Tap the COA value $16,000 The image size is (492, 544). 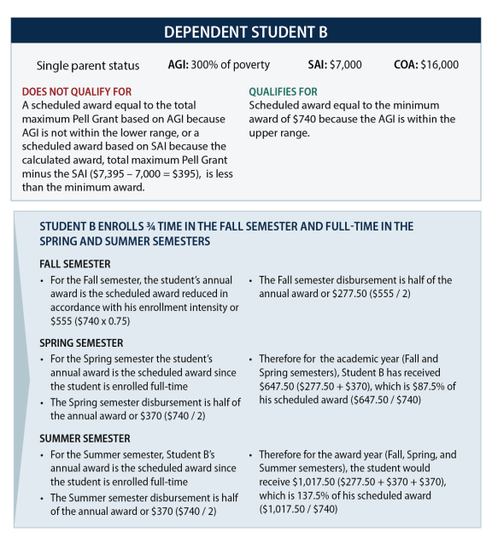click(439, 65)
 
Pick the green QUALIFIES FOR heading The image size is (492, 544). click(283, 91)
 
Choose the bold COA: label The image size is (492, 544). click(406, 65)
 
